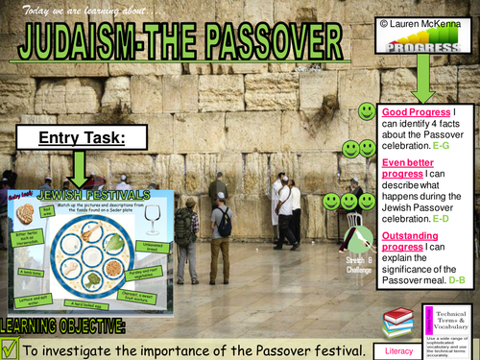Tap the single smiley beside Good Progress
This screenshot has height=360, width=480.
tap(366, 112)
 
